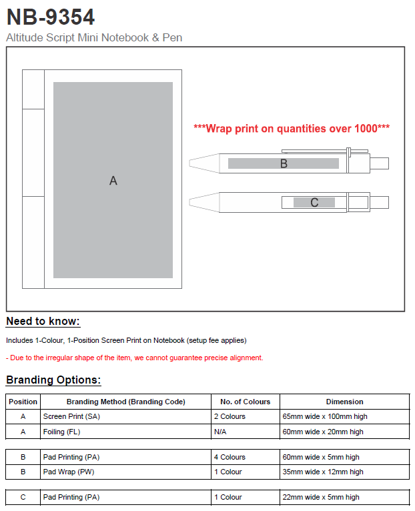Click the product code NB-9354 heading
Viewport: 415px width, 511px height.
51,17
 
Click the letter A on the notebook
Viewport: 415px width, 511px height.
113,180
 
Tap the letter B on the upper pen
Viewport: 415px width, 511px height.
284,163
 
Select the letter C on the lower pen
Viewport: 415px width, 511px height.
314,202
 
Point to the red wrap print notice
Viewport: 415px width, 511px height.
292,128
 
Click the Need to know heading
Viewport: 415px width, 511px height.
43,322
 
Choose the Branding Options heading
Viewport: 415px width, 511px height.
53,380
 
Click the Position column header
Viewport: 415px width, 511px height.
23,402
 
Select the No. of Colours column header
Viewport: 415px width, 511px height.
246,402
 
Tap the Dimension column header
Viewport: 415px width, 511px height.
344,402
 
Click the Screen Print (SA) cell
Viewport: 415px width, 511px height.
71,416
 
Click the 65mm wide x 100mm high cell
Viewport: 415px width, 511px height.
325,416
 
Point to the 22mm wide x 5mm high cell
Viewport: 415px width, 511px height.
321,497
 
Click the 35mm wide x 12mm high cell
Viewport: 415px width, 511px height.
323,472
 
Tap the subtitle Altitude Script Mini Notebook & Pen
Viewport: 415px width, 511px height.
94,37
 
